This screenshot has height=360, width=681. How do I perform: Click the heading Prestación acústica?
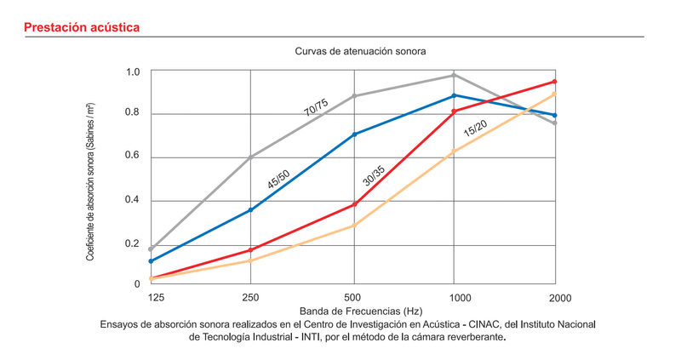(82, 28)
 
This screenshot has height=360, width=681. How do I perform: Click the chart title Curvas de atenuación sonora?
(360, 51)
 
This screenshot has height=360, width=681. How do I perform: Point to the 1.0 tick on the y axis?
(133, 71)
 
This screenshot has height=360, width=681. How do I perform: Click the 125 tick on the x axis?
(156, 298)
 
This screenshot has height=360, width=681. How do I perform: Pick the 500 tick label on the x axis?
(353, 298)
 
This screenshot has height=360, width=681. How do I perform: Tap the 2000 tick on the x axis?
(559, 298)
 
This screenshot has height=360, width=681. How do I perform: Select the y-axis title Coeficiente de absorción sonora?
(89, 180)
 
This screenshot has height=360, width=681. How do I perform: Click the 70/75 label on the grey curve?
(316, 107)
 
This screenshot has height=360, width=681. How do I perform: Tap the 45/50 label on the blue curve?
(278, 180)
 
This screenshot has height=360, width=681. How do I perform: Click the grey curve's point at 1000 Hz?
(454, 75)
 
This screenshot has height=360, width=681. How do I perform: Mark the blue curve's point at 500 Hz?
(354, 134)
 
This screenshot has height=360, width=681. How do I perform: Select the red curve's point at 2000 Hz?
(555, 82)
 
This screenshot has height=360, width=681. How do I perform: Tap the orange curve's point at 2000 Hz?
(555, 94)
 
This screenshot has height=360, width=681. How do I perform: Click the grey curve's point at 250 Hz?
(250, 157)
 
